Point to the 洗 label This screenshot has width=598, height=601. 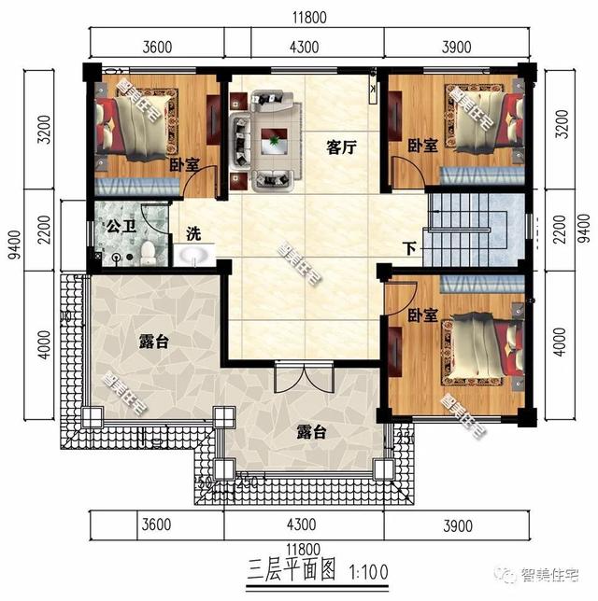click(192, 233)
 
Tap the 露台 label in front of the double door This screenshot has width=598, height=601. click(311, 433)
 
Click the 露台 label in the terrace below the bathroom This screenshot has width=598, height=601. click(153, 342)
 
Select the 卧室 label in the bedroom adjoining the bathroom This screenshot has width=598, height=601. click(183, 164)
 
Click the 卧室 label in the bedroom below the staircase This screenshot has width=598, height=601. click(422, 316)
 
